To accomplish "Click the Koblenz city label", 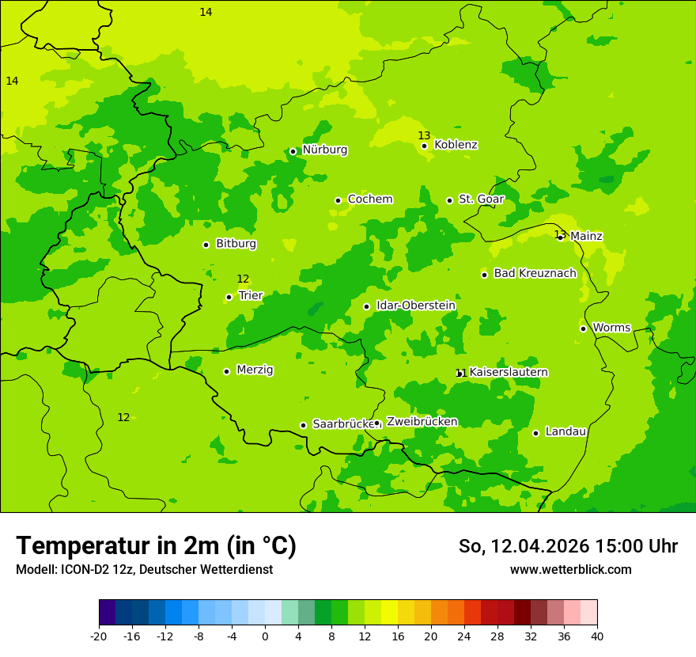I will coord(456,145).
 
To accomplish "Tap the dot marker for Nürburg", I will coord(293,151).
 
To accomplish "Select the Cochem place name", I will coord(369,199).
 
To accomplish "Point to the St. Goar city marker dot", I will coord(449,200).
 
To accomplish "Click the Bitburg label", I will coord(236,244).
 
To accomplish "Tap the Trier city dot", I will coord(229,298).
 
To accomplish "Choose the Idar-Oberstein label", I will coord(415,306).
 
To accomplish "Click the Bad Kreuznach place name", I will coord(535,273).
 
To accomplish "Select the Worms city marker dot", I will coord(583,328).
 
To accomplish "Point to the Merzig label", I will coord(255,370).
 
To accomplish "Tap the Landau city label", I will coord(565,431).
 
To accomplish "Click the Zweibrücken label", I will coord(422,422).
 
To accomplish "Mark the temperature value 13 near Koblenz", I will coord(424,135).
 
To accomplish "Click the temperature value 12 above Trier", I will coord(243,279).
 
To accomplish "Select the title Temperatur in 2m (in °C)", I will coord(156,546).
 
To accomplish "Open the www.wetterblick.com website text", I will coord(570,570).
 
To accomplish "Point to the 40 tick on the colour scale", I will coord(597,636).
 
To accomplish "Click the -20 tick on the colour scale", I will coord(99,636).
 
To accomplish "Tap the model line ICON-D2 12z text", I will coord(144,570).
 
